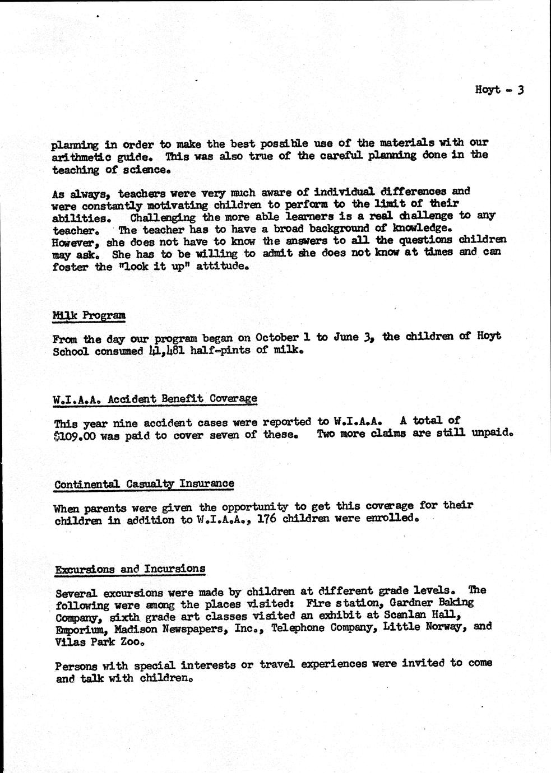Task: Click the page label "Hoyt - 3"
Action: (x=498, y=90)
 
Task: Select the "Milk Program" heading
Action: (x=89, y=315)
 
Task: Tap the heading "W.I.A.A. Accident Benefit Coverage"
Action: (x=155, y=399)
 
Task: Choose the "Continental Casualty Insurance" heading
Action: (x=144, y=483)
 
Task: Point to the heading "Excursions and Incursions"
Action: (x=130, y=569)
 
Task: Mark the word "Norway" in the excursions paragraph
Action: (x=444, y=627)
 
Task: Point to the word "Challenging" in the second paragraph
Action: (x=163, y=217)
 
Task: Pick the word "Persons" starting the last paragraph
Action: (x=77, y=666)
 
